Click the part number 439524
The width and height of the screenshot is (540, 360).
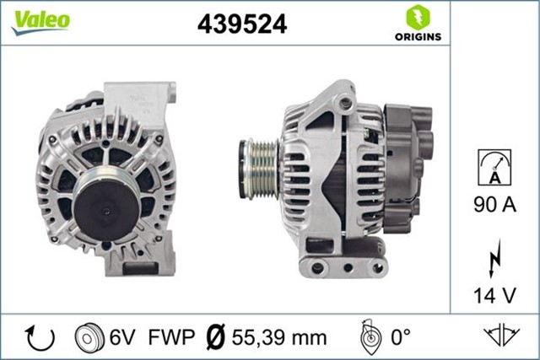click(x=242, y=24)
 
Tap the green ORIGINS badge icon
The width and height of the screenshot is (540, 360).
click(x=417, y=17)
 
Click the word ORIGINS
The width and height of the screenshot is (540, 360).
click(x=417, y=36)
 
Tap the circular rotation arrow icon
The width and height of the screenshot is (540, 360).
click(x=40, y=337)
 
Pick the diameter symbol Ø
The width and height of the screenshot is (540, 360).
click(x=215, y=337)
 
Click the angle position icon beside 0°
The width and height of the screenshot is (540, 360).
click(x=368, y=337)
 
